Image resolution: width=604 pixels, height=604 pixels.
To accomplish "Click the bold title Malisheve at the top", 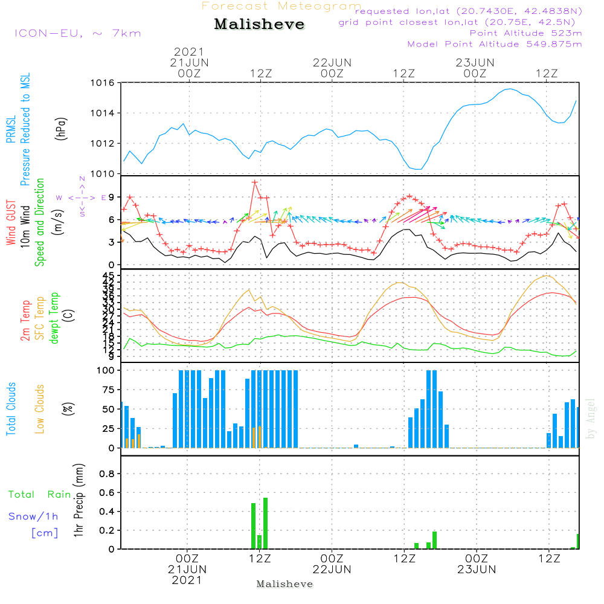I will pos(259,25).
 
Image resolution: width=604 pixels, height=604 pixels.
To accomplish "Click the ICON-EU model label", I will pos(77,33).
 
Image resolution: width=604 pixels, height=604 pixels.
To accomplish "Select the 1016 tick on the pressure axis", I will pos(102,83).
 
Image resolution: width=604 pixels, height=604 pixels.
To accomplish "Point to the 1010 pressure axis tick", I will pos(102,174).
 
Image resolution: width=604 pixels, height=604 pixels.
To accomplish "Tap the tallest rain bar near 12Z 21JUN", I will pos(265,523).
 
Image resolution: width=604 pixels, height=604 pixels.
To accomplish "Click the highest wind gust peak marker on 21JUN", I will pos(255,182).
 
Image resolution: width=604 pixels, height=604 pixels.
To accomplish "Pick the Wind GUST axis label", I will pos(11,222).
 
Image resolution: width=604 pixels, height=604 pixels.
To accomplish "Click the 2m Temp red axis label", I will pos(25,320).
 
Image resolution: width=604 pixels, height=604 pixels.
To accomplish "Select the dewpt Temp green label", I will pos(54,318).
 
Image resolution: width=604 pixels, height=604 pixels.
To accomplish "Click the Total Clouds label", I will pos(11,409).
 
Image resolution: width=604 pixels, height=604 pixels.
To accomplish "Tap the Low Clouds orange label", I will pos(40,409).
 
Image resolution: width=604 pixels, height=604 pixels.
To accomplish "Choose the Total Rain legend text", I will pos(39,495).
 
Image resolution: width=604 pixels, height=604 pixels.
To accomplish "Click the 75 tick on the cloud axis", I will pos(107,390).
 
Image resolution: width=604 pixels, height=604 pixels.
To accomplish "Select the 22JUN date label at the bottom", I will pos(332,569).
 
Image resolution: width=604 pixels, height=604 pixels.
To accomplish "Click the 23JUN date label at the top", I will pos(475,62).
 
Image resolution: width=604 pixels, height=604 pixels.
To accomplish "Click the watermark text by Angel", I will pos(591,419).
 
